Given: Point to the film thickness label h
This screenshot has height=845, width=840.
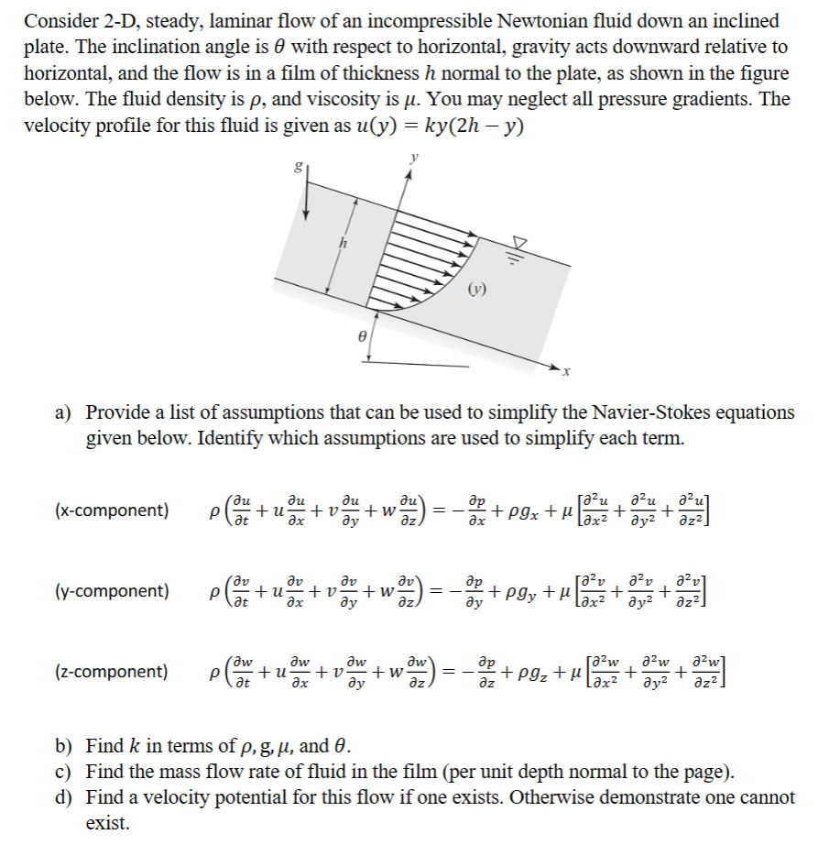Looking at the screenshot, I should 344,244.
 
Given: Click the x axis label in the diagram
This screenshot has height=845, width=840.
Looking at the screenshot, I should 567,371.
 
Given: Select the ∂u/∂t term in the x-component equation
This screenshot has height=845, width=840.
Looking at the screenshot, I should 241,510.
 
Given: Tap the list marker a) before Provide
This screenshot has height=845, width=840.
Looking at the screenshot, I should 66,413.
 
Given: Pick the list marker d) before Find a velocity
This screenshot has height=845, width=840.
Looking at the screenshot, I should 66,798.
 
